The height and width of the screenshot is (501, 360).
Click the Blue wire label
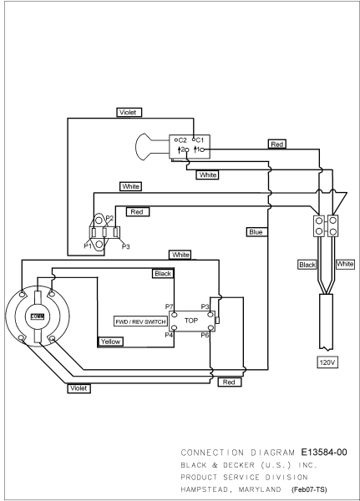[256, 232]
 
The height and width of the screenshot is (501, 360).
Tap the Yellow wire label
[110, 342]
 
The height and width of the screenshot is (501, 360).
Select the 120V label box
[327, 362]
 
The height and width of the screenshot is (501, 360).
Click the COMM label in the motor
[38, 316]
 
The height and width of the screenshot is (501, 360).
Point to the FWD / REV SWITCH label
[140, 321]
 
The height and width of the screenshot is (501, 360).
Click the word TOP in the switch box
[191, 320]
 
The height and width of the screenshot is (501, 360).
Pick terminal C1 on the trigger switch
[194, 139]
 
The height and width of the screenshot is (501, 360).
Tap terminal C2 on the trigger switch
[176, 140]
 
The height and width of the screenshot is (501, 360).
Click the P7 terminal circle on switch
[175, 315]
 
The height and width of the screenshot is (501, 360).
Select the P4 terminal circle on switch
[175, 327]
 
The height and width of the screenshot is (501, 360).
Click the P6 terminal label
[205, 335]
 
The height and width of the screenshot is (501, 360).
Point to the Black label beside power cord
[307, 265]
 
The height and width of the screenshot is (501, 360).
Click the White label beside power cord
[345, 264]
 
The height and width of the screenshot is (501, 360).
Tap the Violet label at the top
[128, 113]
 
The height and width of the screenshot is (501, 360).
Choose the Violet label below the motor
[79, 388]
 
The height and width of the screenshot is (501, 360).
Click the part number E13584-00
[324, 452]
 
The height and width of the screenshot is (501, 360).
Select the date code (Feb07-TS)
[309, 489]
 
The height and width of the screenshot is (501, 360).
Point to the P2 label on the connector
[109, 218]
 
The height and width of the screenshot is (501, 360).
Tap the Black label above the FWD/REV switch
[163, 274]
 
